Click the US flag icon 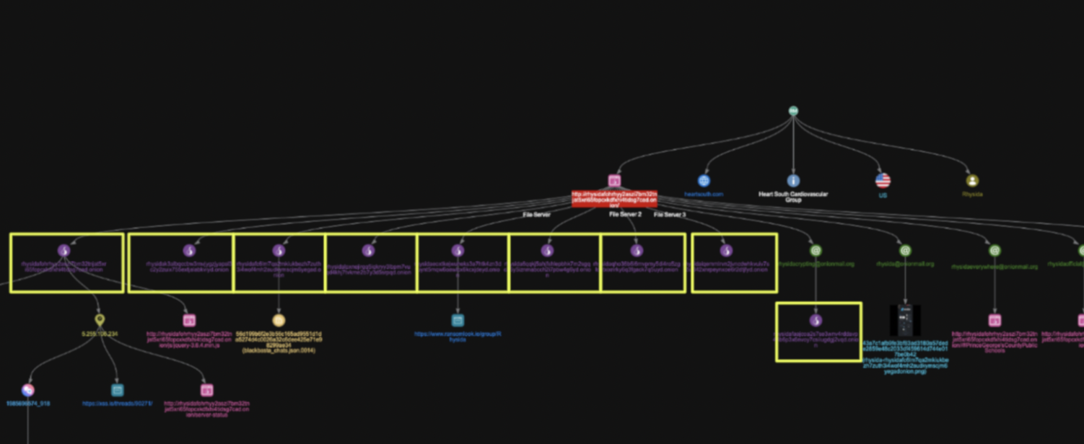(x=883, y=181)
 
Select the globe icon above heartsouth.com (x=704, y=181)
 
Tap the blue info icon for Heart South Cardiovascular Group (x=793, y=181)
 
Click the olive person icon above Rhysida (x=972, y=181)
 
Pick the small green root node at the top (x=793, y=111)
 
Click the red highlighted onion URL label (x=614, y=198)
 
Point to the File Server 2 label (x=625, y=214)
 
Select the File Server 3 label (x=670, y=214)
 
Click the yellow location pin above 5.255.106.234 (x=100, y=320)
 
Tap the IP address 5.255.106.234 (x=100, y=334)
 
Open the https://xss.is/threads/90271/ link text (x=118, y=404)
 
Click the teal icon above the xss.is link (x=118, y=390)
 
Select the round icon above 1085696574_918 (x=28, y=390)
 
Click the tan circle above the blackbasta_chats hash (x=279, y=320)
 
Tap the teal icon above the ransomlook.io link (x=458, y=320)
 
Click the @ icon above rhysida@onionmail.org (x=905, y=250)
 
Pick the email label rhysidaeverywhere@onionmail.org (x=995, y=266)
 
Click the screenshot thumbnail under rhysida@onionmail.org (x=905, y=320)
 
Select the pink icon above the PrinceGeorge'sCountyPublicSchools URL (x=995, y=320)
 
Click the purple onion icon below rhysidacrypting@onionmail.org (x=816, y=320)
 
